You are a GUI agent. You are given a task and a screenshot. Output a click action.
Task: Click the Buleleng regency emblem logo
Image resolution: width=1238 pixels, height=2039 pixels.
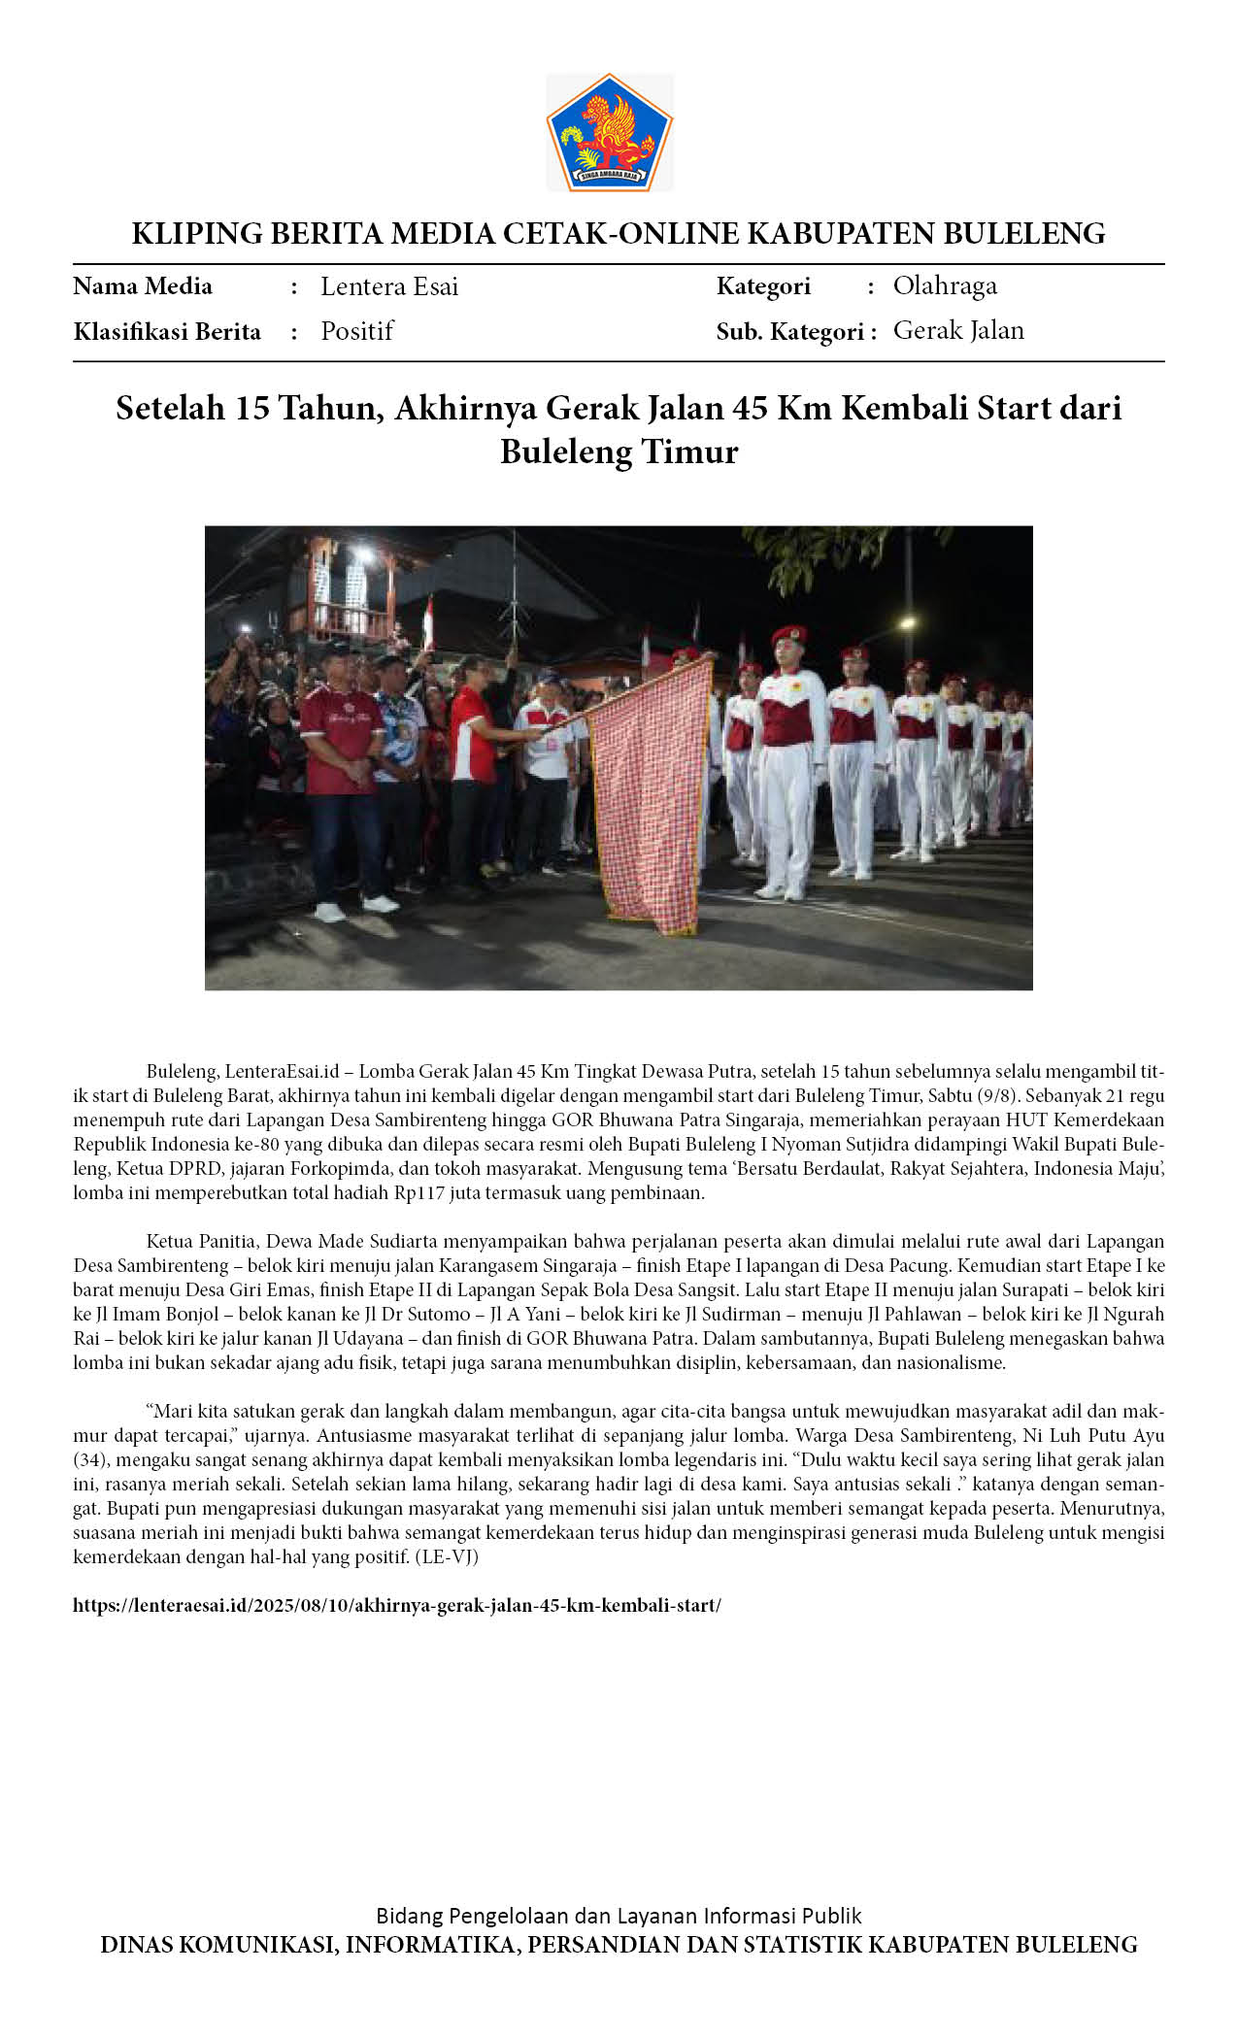(609, 132)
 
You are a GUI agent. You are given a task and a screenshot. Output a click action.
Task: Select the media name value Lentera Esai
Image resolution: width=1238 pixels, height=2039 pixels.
(388, 286)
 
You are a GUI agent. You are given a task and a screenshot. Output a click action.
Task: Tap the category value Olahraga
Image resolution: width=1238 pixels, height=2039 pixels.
(944, 285)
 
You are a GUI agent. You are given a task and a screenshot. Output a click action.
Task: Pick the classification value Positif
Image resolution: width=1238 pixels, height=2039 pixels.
(356, 331)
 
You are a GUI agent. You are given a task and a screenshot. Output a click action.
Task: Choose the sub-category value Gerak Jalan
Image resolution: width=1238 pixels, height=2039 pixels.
(957, 330)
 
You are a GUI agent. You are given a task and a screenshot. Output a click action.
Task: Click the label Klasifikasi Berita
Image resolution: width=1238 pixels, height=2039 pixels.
(167, 332)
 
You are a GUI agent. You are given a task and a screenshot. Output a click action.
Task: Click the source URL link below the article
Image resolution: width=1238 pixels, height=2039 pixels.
(396, 1605)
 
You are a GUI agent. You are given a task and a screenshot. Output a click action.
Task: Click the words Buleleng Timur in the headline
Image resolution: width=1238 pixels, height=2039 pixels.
(619, 452)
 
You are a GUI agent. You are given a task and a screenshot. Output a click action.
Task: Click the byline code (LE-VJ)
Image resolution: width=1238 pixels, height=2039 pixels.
(447, 1556)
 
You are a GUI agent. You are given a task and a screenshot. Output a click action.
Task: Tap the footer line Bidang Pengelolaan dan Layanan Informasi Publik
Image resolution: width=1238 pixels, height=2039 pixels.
(619, 1916)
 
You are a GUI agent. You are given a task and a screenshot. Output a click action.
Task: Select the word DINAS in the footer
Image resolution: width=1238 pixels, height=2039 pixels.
(136, 1945)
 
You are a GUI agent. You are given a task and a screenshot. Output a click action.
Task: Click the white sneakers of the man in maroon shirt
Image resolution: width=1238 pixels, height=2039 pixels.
(354, 909)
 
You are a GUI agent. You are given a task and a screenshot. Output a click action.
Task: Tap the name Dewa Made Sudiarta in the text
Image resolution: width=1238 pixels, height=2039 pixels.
(351, 1241)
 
